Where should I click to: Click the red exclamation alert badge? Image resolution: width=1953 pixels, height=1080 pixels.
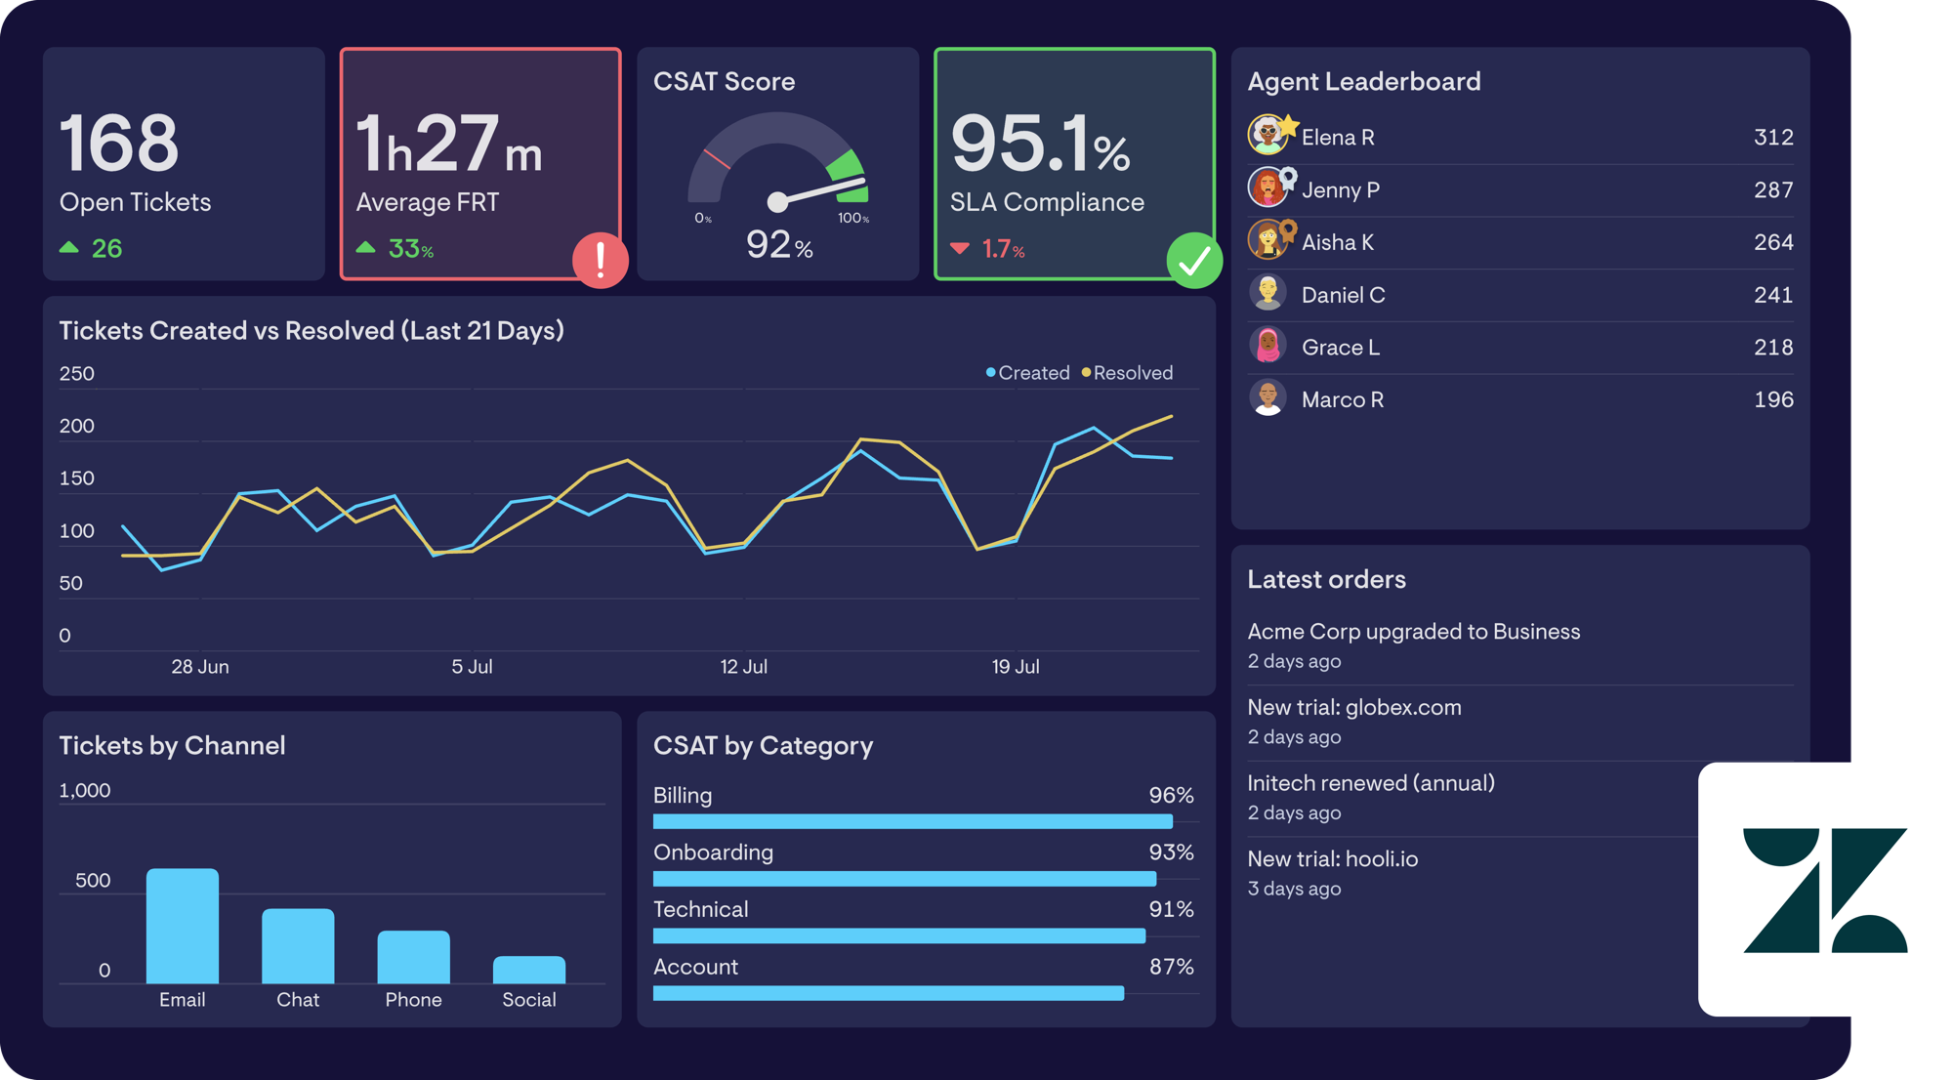(x=601, y=260)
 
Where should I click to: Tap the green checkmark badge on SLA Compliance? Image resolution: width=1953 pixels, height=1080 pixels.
(x=1194, y=260)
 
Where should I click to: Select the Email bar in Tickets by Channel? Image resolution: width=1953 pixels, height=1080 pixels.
(x=183, y=926)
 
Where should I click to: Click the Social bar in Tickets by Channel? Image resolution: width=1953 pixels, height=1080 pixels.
(x=529, y=970)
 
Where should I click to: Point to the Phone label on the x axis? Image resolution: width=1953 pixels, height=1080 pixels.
(x=413, y=1000)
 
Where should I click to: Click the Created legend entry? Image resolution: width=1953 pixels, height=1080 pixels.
(x=1028, y=373)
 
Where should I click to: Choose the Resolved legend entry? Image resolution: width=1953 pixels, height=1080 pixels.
(x=1128, y=373)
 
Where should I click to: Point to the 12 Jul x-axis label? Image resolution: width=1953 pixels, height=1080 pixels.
(x=744, y=667)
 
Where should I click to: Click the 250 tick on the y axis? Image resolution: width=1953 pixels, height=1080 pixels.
(x=77, y=374)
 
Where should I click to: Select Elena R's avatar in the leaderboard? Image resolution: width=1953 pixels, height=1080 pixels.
(x=1268, y=136)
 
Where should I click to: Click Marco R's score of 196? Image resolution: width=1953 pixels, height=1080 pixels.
(x=1773, y=399)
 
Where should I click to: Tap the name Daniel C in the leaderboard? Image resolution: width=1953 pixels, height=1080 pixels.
(x=1343, y=295)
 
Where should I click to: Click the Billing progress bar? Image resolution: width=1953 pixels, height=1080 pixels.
(x=913, y=821)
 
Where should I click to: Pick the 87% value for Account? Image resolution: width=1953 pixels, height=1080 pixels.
(x=1171, y=967)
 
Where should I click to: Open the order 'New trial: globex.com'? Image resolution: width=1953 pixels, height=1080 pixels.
(x=1354, y=707)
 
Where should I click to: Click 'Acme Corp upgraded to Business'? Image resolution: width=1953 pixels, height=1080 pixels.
(x=1414, y=632)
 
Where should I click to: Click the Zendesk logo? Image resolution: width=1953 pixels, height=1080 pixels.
(x=1825, y=890)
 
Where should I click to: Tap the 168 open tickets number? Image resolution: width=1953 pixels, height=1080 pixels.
(x=119, y=143)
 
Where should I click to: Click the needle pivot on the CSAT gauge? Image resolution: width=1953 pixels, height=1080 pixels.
(x=777, y=202)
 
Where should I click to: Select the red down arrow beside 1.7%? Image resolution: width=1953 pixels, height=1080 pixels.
(x=960, y=248)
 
